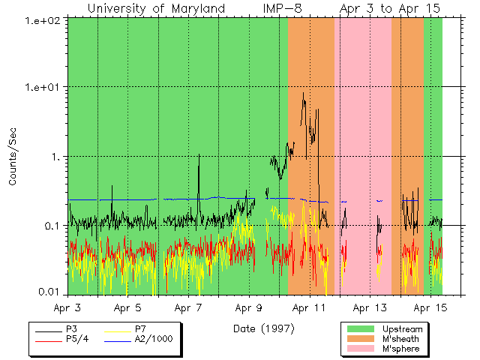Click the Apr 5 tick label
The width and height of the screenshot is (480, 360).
tap(128, 307)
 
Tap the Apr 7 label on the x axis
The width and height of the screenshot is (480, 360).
tap(188, 307)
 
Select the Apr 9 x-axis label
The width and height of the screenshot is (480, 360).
tap(248, 307)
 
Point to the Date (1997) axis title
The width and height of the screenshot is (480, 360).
tap(263, 328)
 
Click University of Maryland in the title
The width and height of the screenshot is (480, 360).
tap(156, 8)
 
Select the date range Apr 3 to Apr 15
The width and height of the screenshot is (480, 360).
tap(389, 8)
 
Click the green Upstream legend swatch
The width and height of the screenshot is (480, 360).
tap(361, 328)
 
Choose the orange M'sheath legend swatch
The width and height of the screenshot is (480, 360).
tap(361, 339)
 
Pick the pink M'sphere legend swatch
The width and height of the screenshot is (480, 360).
tap(361, 349)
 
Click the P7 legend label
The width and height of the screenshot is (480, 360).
tap(141, 328)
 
